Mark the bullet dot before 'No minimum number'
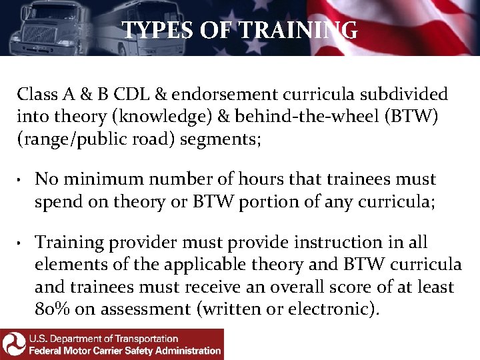[21, 180]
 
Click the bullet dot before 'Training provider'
[21, 243]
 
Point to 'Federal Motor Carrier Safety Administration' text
[125, 351]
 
